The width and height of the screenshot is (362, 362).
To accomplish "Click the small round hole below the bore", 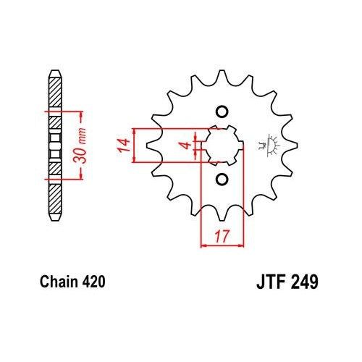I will point(222,179).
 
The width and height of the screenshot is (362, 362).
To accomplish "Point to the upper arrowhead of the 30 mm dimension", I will point(75,114).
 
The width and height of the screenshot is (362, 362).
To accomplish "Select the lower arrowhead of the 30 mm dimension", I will point(75,174).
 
